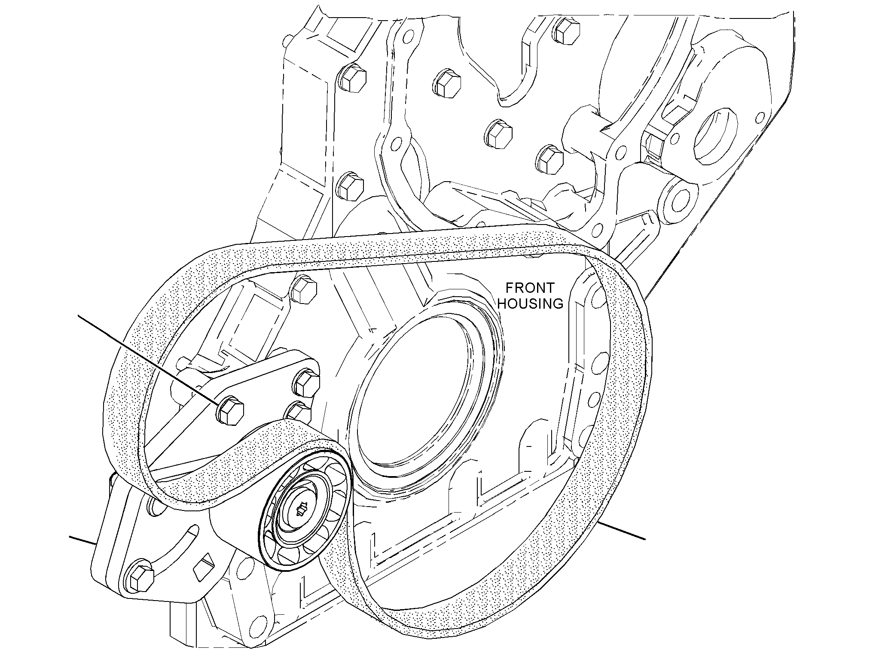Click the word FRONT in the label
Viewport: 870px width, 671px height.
pyautogui.click(x=530, y=288)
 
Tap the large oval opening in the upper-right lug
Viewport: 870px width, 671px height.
pyautogui.click(x=713, y=137)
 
